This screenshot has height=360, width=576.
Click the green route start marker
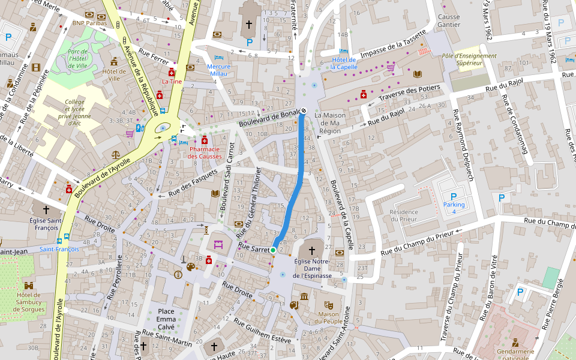pos(273,250)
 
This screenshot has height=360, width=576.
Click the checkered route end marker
pos(304,110)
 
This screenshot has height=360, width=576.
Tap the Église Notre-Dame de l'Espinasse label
pos(313,268)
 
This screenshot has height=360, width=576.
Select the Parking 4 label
pos(454,208)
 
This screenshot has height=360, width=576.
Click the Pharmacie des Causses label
pos(205,152)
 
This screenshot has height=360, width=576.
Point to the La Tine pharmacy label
pos(172,81)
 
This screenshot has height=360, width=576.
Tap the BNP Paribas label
pos(89,23)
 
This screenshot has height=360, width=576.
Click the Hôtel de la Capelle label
pos(343,64)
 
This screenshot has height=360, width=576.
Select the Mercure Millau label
pos(218,70)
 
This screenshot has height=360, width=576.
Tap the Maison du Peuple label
pos(329,318)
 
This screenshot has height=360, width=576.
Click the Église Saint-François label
pos(46,224)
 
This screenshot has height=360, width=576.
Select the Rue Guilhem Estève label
pos(262,332)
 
